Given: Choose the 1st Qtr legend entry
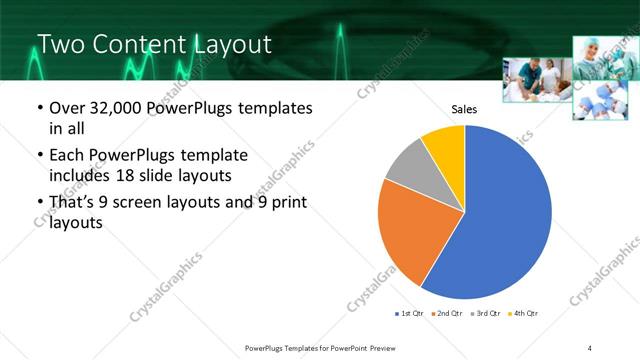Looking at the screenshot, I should (411, 314).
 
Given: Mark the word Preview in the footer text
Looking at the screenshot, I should (389, 347).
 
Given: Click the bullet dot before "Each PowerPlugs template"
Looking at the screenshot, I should (39, 157).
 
